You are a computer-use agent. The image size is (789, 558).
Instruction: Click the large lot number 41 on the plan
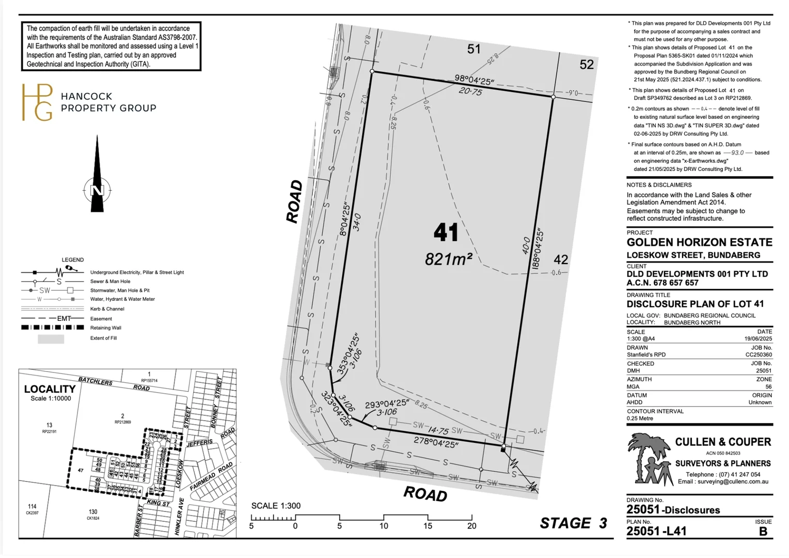pyautogui.click(x=446, y=233)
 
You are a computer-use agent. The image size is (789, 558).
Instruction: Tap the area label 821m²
pyautogui.click(x=448, y=259)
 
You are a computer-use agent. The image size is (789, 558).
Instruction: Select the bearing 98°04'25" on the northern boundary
pyautogui.click(x=474, y=80)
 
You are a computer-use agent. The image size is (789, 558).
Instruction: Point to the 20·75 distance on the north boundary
pyautogui.click(x=470, y=91)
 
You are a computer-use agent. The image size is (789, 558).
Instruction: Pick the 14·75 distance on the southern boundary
pyautogui.click(x=438, y=430)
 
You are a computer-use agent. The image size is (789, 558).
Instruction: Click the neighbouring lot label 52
pyautogui.click(x=587, y=65)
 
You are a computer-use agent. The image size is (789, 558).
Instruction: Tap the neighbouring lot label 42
pyautogui.click(x=561, y=259)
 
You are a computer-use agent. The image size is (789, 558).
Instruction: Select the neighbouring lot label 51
pyautogui.click(x=474, y=49)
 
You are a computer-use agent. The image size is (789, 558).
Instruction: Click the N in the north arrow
pyautogui.click(x=97, y=190)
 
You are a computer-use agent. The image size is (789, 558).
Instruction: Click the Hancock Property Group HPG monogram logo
pyautogui.click(x=37, y=102)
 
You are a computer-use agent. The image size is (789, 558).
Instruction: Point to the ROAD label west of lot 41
pyautogui.click(x=294, y=202)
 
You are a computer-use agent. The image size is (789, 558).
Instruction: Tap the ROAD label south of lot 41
pyautogui.click(x=425, y=494)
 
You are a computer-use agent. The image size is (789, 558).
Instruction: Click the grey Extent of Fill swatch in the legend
pyautogui.click(x=51, y=339)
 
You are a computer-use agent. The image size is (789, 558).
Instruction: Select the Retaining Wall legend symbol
pyautogui.click(x=52, y=328)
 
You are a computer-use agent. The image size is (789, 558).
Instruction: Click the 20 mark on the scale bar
pyautogui.click(x=471, y=526)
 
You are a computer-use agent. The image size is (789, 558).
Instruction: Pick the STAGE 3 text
pyautogui.click(x=573, y=523)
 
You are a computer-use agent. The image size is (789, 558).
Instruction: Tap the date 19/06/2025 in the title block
pyautogui.click(x=758, y=339)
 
